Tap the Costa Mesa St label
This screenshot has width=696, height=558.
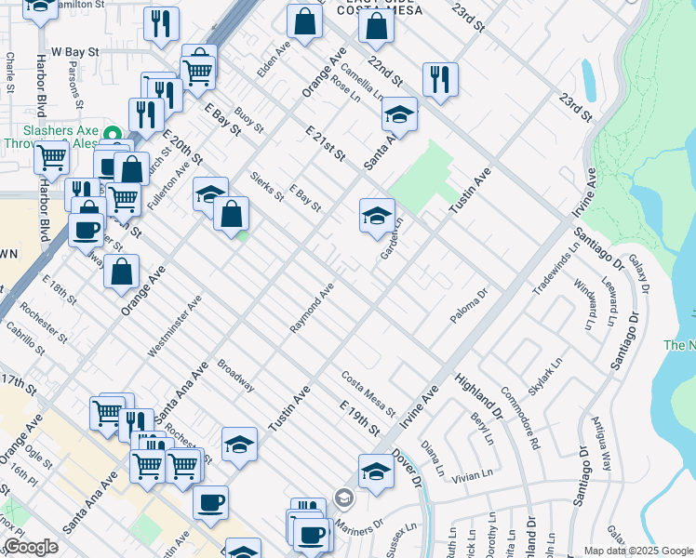(x=368, y=393)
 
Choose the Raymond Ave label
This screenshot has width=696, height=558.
(x=312, y=309)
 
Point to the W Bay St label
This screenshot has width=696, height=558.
(x=74, y=52)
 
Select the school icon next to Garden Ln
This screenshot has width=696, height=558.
(x=374, y=215)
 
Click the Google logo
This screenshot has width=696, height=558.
(x=31, y=547)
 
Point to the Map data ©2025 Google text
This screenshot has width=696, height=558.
(x=638, y=551)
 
